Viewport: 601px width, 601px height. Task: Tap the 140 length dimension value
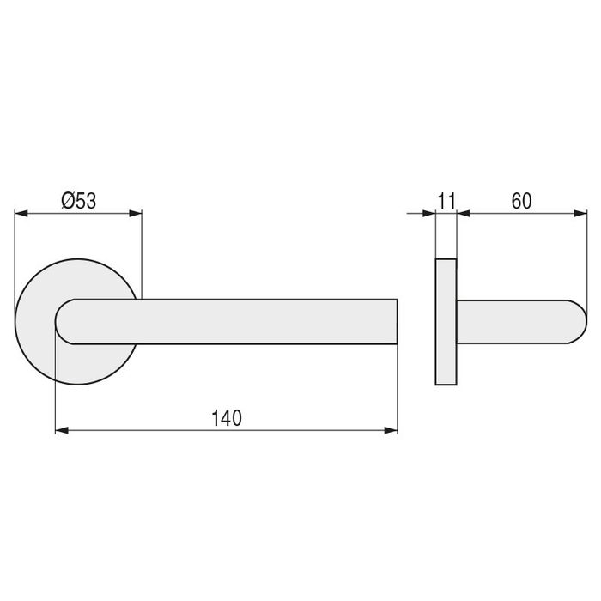pos(226,418)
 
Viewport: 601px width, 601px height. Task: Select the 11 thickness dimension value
pos(446,201)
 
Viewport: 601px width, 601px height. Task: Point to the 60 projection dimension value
pos(521,201)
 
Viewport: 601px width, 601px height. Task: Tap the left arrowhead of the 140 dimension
pos(62,430)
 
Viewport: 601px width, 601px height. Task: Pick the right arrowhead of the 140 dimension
pos(392,430)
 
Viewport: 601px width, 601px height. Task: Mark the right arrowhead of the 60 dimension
pos(580,213)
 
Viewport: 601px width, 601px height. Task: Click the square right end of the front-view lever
pos(395,322)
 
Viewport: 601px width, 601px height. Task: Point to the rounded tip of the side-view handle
pos(579,322)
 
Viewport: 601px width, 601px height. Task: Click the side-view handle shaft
pos(515,322)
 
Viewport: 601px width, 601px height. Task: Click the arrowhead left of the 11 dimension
pos(428,213)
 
